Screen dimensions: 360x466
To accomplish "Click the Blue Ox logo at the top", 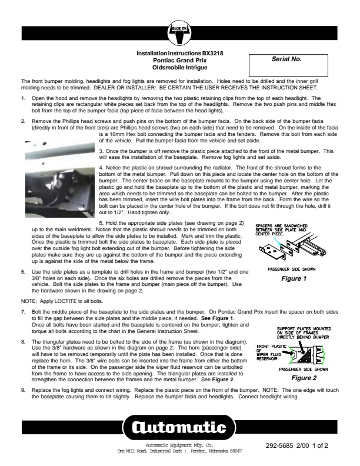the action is (x=179, y=33).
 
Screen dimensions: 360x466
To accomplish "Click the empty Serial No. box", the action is (x=288, y=65).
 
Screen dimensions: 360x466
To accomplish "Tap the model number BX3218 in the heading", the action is (x=213, y=54).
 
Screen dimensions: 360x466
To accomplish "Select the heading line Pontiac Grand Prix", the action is (x=179, y=61).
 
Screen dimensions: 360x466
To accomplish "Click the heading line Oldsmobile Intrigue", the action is (x=179, y=68).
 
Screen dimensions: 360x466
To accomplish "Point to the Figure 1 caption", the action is (x=294, y=279).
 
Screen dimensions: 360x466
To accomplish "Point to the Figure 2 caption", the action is (x=304, y=378).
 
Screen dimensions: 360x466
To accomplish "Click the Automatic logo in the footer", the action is (x=179, y=427).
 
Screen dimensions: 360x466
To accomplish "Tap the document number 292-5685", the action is (x=279, y=445).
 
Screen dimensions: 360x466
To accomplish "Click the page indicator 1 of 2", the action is (x=320, y=445).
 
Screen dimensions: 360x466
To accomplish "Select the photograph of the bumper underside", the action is (x=60, y=179).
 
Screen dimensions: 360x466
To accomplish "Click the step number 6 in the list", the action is (x=23, y=272).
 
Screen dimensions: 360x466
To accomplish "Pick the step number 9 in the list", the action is (x=23, y=390).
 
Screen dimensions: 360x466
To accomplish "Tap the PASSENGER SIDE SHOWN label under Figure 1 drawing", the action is (x=291, y=269).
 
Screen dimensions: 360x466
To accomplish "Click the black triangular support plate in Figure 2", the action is (x=305, y=355).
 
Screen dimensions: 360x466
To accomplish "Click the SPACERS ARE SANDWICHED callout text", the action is (x=281, y=229).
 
